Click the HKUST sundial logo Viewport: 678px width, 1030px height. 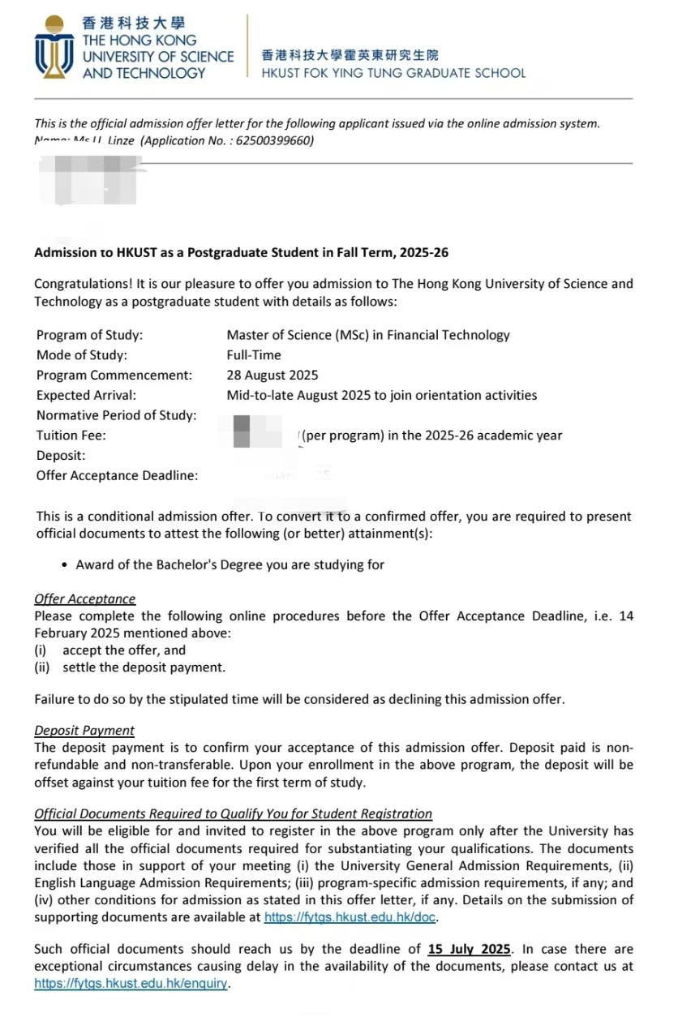point(55,47)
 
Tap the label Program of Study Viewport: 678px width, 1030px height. point(89,334)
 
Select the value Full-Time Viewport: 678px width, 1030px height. point(254,354)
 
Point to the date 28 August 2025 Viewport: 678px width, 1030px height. point(272,375)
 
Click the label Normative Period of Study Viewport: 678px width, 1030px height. point(116,415)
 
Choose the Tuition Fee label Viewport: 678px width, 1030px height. point(71,436)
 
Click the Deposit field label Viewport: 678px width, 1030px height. point(61,456)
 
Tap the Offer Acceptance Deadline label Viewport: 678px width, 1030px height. point(117,476)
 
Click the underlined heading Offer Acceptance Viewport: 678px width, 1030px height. point(84,599)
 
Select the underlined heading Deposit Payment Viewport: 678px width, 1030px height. point(84,730)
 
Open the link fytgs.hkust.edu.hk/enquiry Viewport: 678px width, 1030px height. point(131,984)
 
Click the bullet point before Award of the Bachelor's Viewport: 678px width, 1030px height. point(64,564)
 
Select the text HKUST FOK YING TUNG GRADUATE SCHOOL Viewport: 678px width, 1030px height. point(393,73)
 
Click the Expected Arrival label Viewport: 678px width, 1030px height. point(86,395)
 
